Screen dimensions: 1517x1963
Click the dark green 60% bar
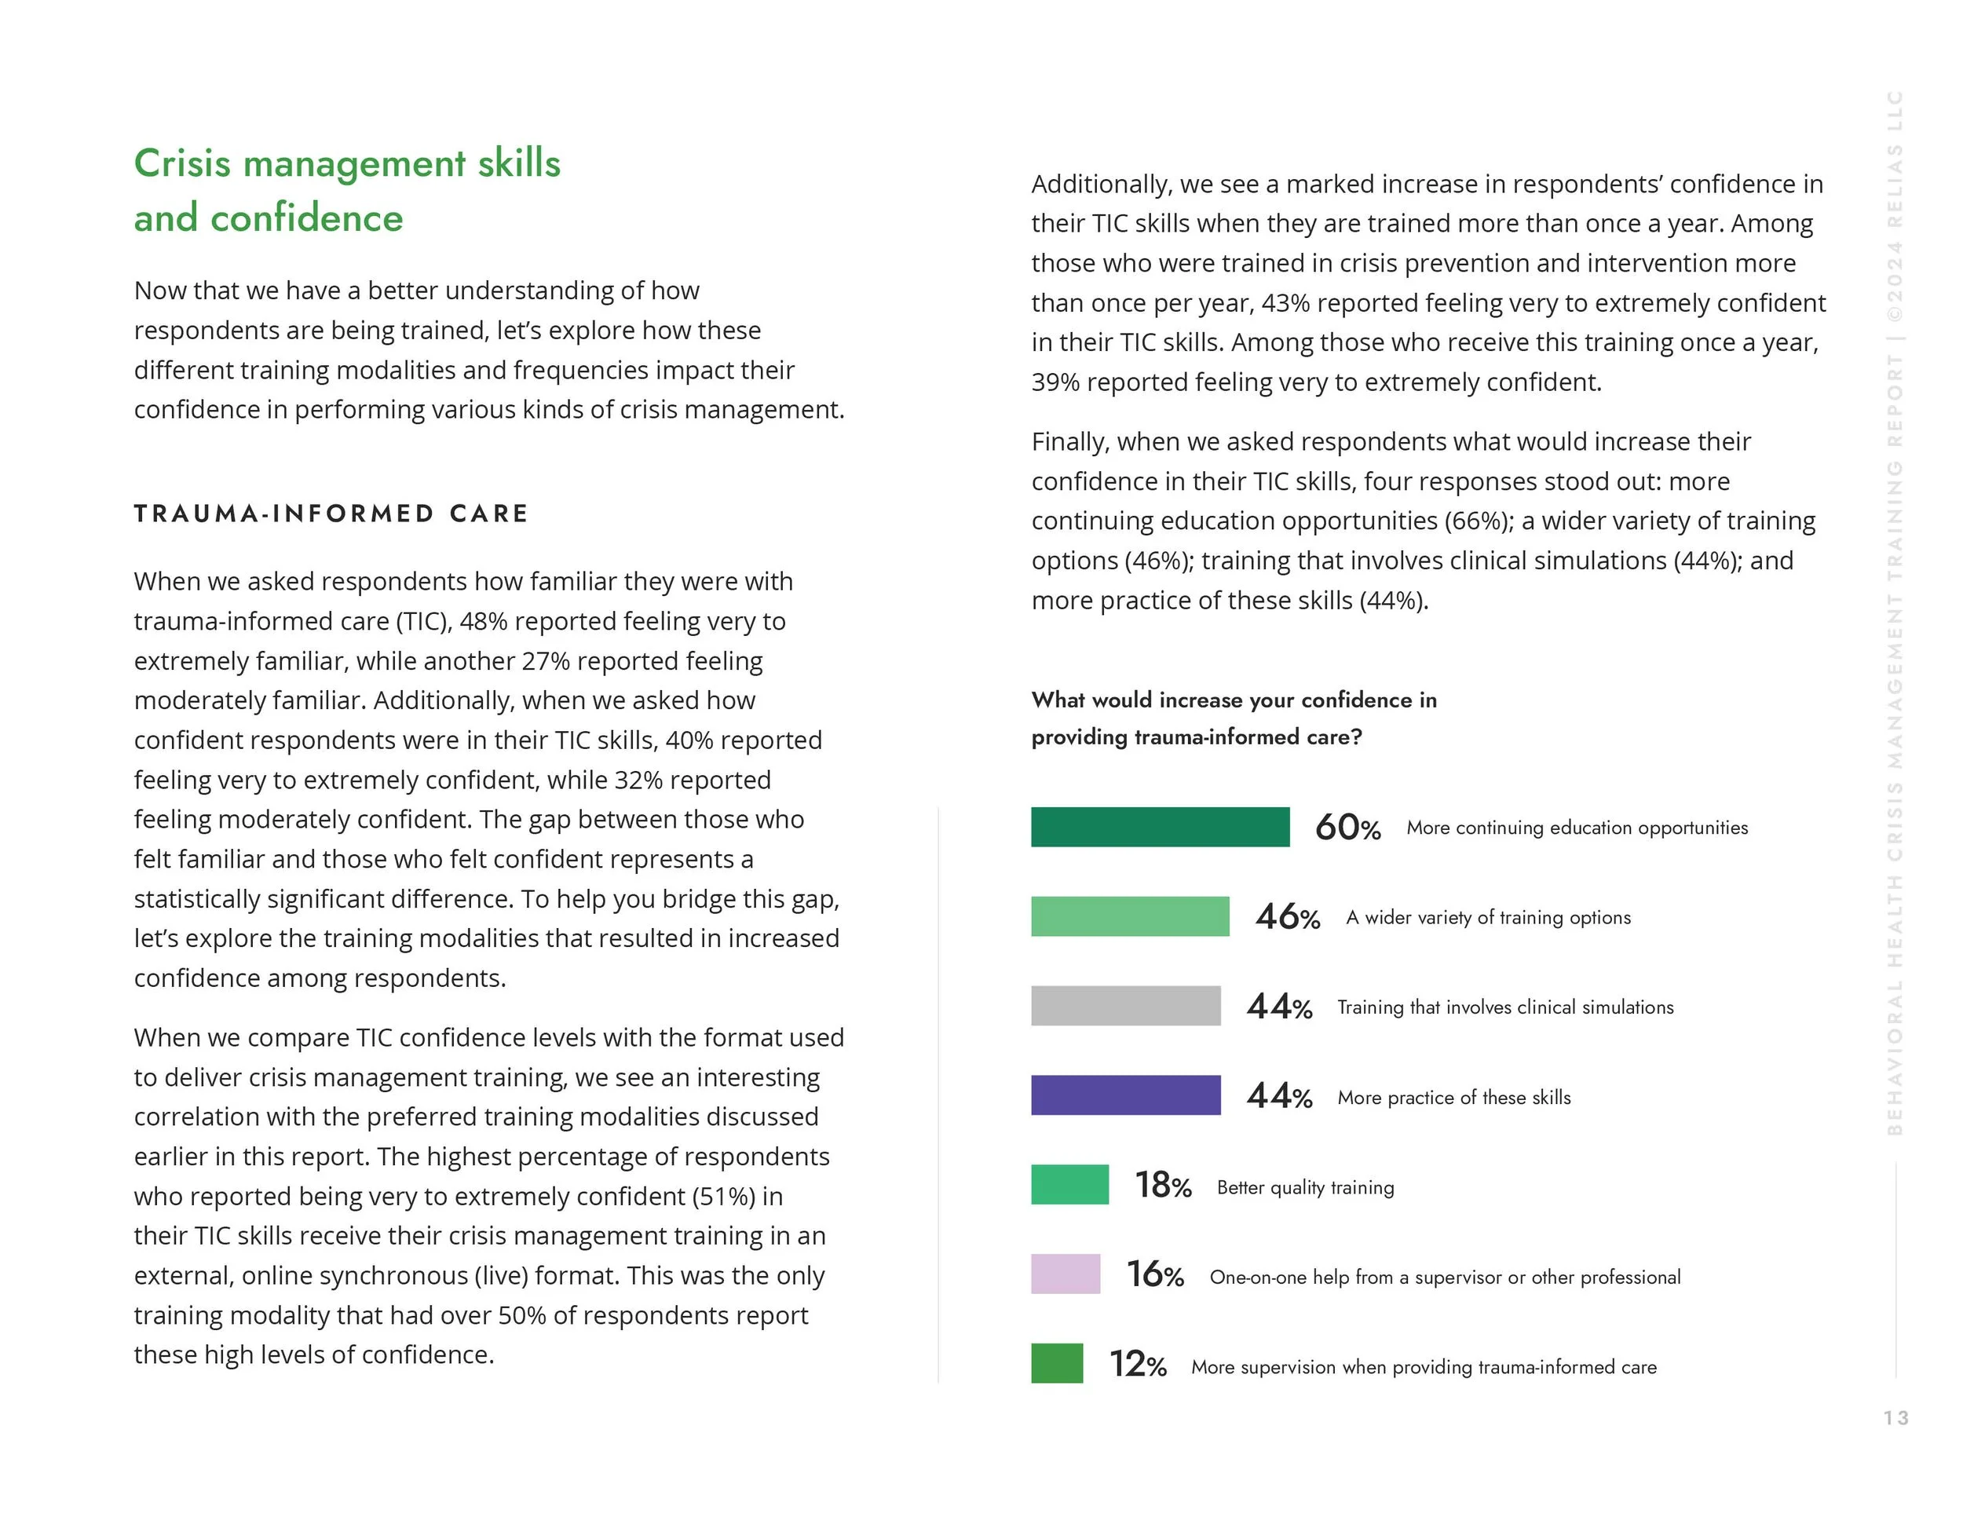[x=1160, y=827]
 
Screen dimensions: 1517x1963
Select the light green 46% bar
[x=1130, y=916]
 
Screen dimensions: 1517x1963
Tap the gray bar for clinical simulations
[x=1125, y=1006]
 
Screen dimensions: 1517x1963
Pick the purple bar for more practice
[x=1125, y=1095]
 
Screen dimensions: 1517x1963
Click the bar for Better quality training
[x=1069, y=1185]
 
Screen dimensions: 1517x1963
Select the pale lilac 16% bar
[x=1065, y=1274]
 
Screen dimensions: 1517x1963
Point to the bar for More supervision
[x=1057, y=1363]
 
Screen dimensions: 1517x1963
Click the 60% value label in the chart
[x=1347, y=828]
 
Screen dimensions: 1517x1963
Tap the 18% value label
[x=1162, y=1186]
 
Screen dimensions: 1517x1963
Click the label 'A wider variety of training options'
[x=1487, y=918]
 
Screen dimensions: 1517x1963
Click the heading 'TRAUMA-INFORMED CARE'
[x=331, y=514]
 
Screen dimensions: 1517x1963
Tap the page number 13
[x=1895, y=1418]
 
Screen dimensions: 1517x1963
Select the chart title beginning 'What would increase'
[x=1234, y=718]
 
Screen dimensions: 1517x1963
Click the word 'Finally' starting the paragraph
[x=1070, y=442]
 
